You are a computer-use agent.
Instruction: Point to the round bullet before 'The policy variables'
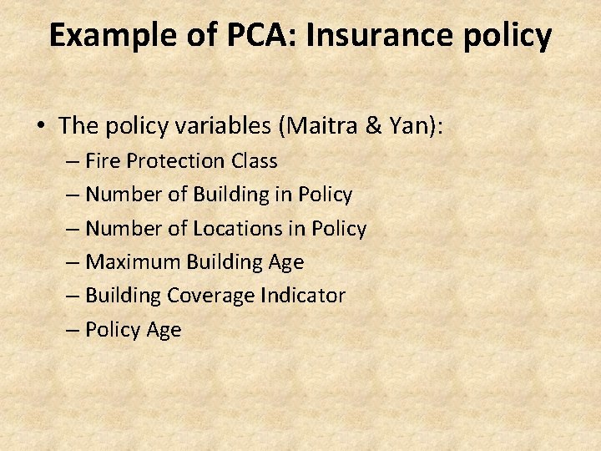[41, 126]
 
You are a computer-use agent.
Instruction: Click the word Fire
[104, 160]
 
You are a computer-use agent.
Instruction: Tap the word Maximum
[133, 262]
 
